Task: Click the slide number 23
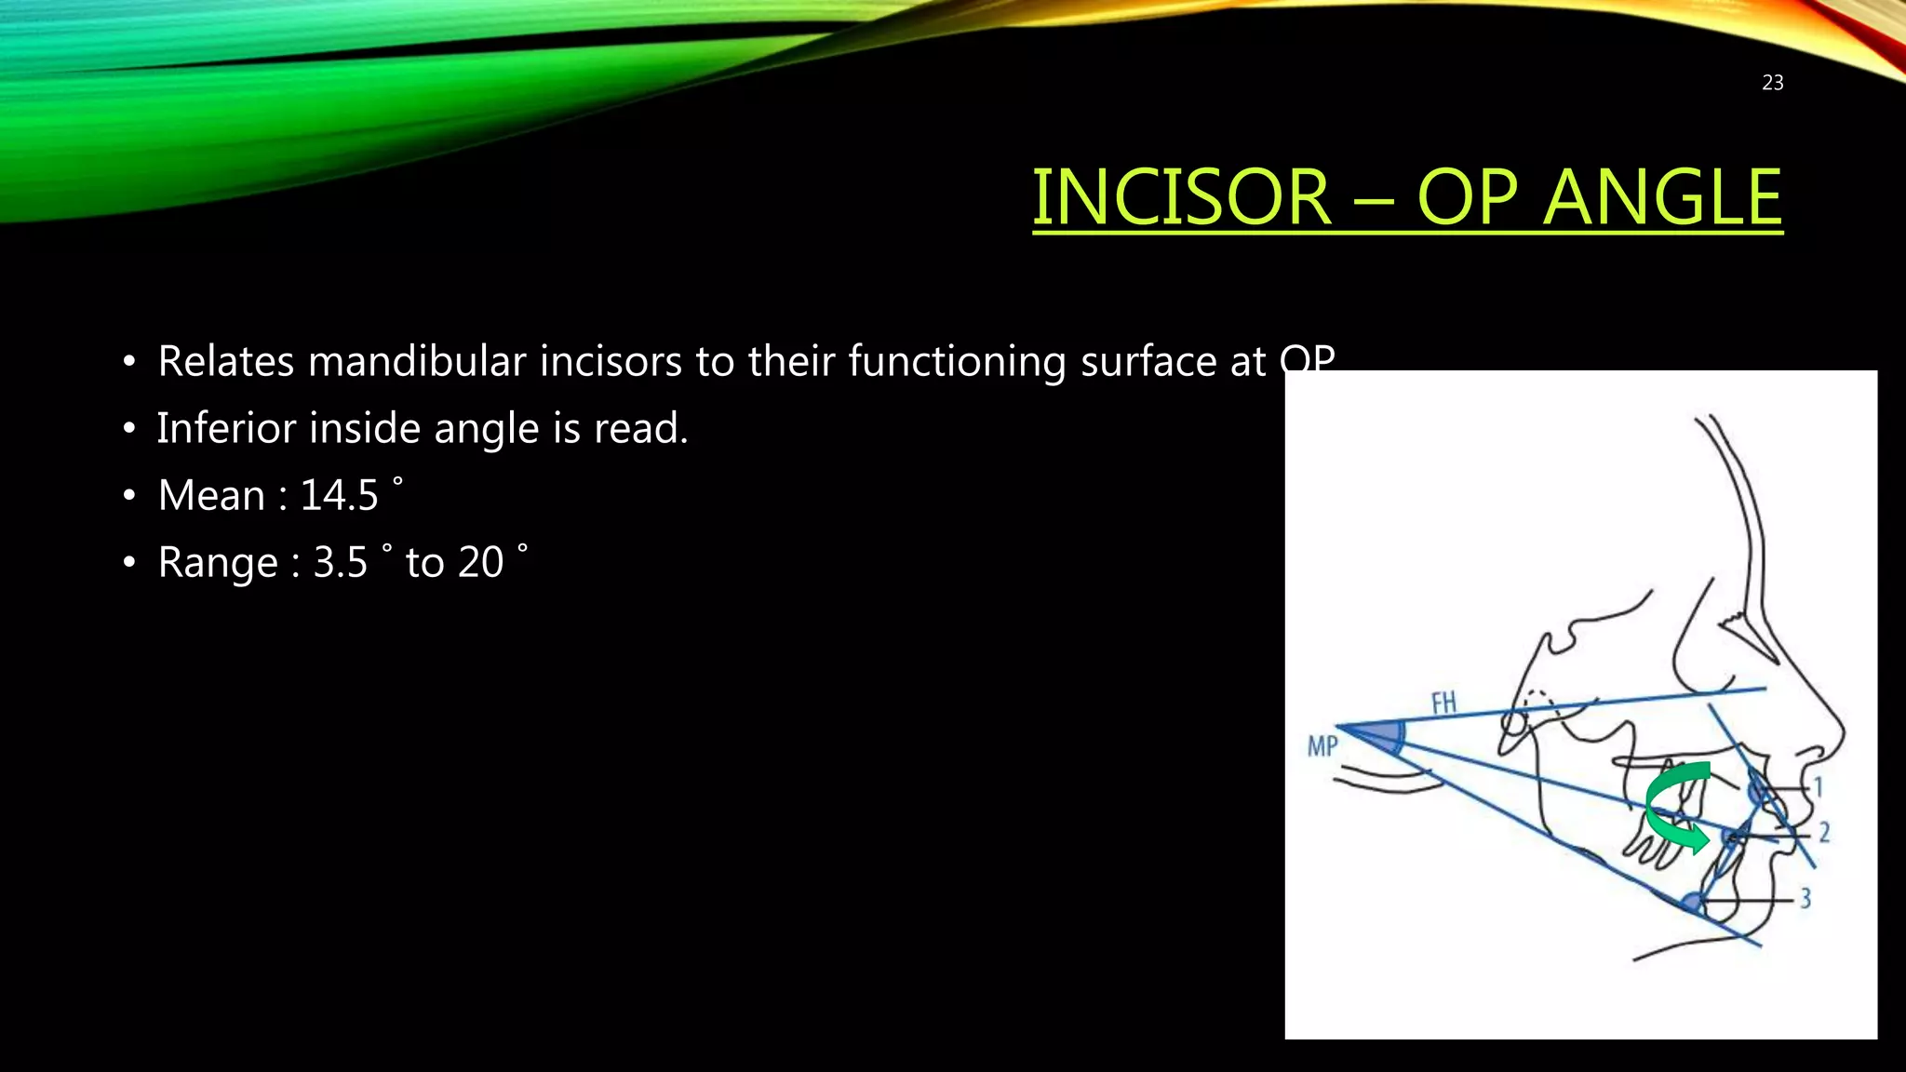click(1772, 83)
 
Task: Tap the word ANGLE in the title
click(1662, 197)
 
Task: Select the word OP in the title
click(1468, 197)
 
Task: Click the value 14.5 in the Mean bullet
click(339, 495)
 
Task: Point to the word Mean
click(211, 495)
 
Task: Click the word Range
click(218, 562)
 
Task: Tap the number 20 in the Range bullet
click(480, 562)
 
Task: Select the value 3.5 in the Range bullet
click(340, 562)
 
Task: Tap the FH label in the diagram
click(1443, 703)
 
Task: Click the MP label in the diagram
click(1322, 745)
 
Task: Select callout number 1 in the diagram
click(1818, 787)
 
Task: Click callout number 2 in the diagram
click(1824, 832)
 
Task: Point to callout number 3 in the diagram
click(1805, 898)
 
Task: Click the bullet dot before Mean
click(129, 496)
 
